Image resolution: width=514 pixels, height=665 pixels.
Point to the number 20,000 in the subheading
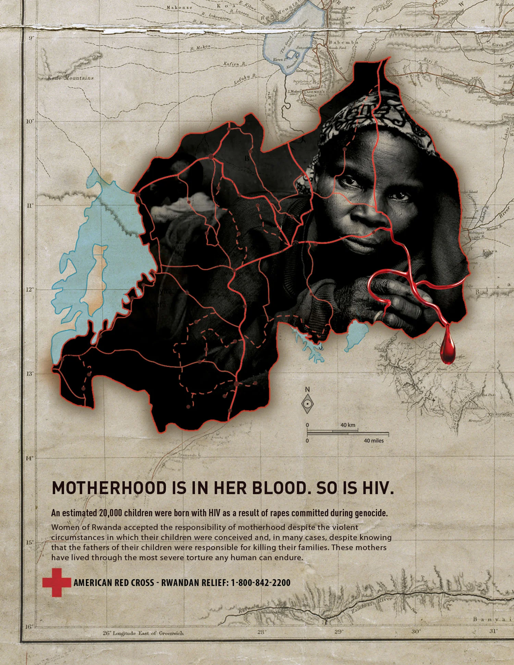point(110,513)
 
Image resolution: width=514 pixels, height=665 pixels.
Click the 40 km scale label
point(347,425)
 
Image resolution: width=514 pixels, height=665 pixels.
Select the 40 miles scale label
point(374,440)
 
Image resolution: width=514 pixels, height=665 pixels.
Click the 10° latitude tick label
point(30,121)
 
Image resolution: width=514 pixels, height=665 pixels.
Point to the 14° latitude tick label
point(30,458)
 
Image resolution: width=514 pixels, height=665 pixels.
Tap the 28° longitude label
point(261,632)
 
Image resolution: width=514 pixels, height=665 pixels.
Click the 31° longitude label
point(493,631)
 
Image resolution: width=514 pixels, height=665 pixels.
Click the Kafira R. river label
point(235,63)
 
